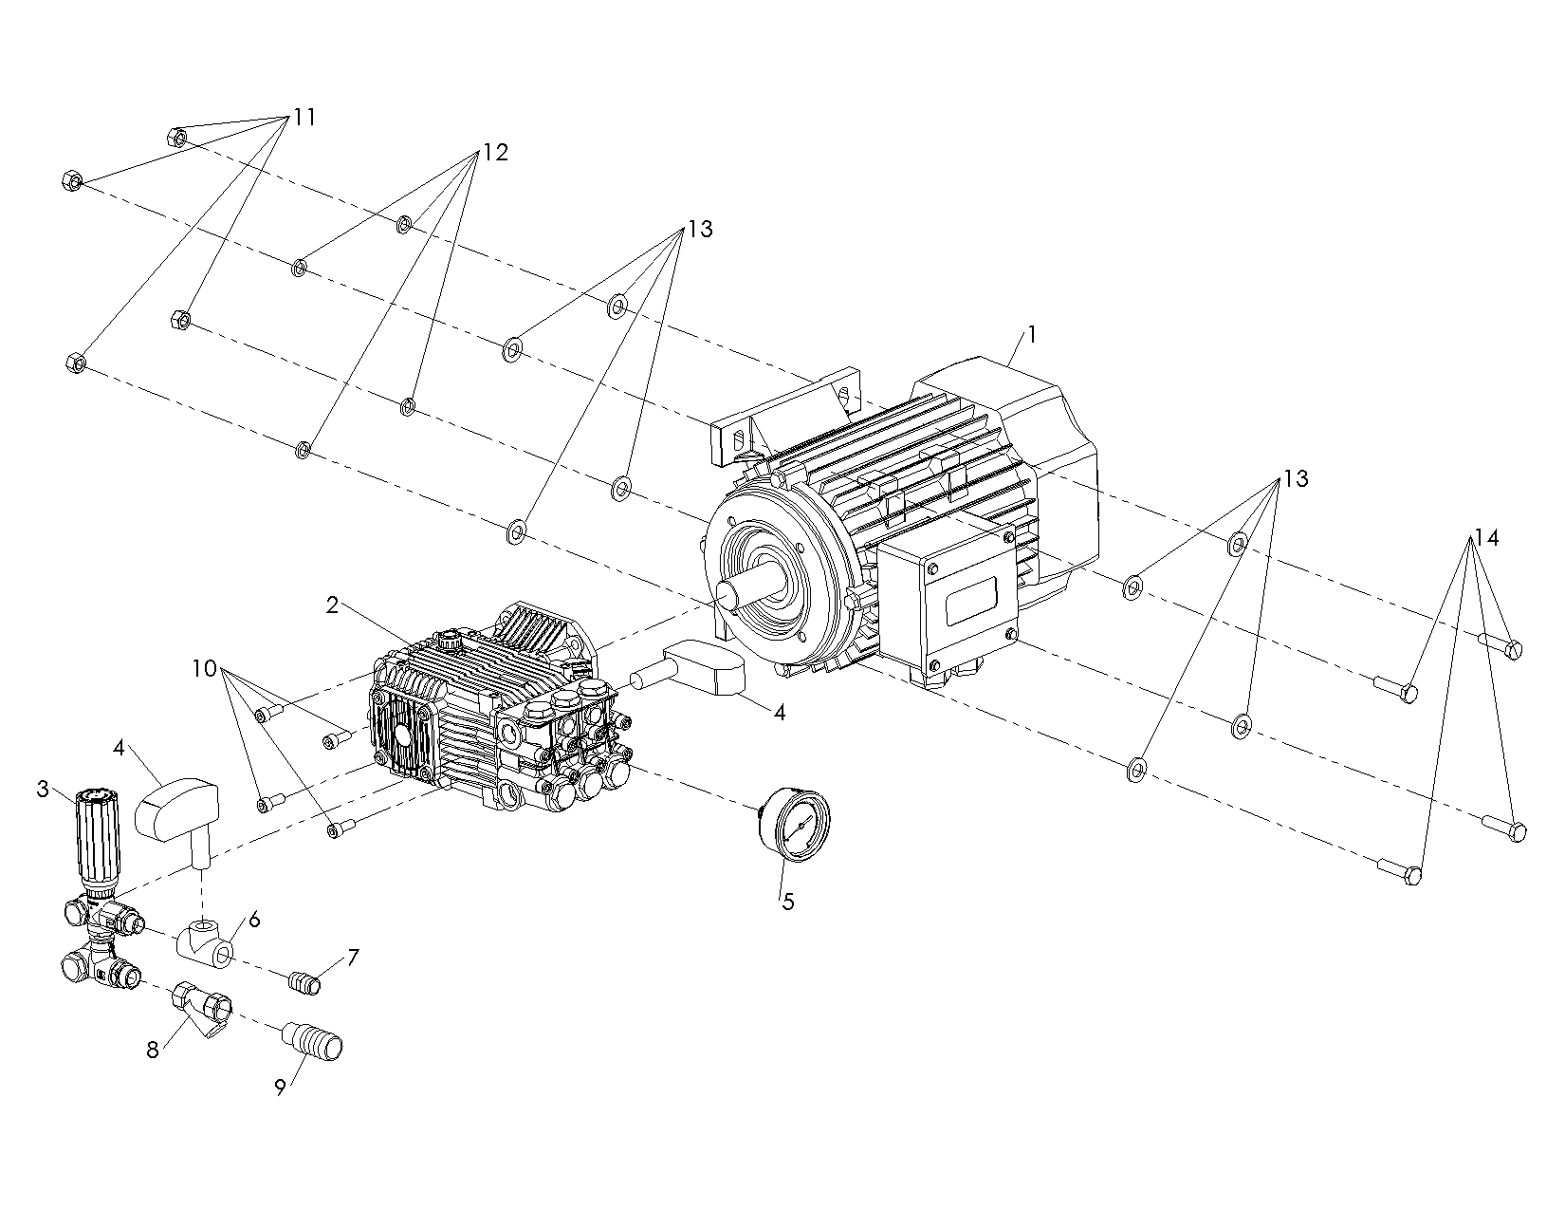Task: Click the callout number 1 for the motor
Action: (1032, 335)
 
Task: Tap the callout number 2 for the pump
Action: (332, 605)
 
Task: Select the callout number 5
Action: (787, 902)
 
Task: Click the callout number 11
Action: (304, 118)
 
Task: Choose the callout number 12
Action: (495, 153)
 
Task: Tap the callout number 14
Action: (1485, 539)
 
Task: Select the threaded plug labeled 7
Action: (304, 983)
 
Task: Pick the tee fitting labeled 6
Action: (204, 940)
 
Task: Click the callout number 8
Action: (153, 1051)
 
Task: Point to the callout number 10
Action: (204, 668)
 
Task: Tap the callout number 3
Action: (43, 789)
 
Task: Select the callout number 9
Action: (281, 1089)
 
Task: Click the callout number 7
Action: (353, 958)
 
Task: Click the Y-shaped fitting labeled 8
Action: (203, 1008)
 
